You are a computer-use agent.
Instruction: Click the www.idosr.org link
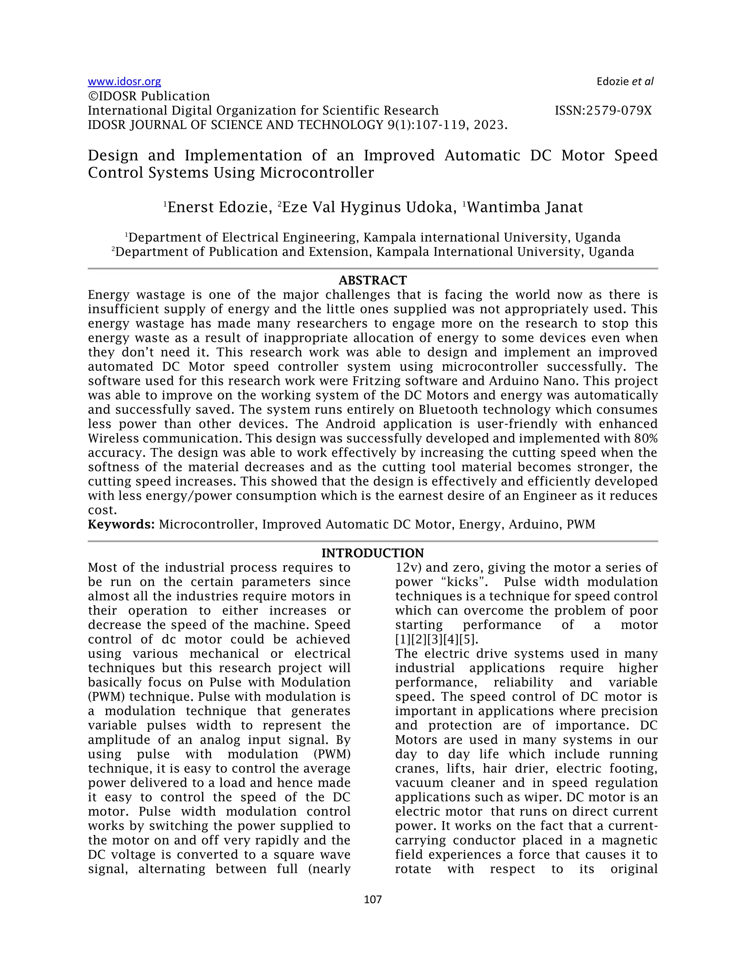pos(124,82)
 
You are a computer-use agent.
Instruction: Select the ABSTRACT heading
pos(373,280)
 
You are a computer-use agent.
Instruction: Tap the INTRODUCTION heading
pos(373,553)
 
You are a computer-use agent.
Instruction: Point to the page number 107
pos(373,899)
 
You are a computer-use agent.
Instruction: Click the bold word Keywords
pos(121,524)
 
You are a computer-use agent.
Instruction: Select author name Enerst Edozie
pos(219,207)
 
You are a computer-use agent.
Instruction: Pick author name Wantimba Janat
pos(525,207)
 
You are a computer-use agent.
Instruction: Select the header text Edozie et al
pos(624,82)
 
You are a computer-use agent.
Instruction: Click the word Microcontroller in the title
pos(317,173)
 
